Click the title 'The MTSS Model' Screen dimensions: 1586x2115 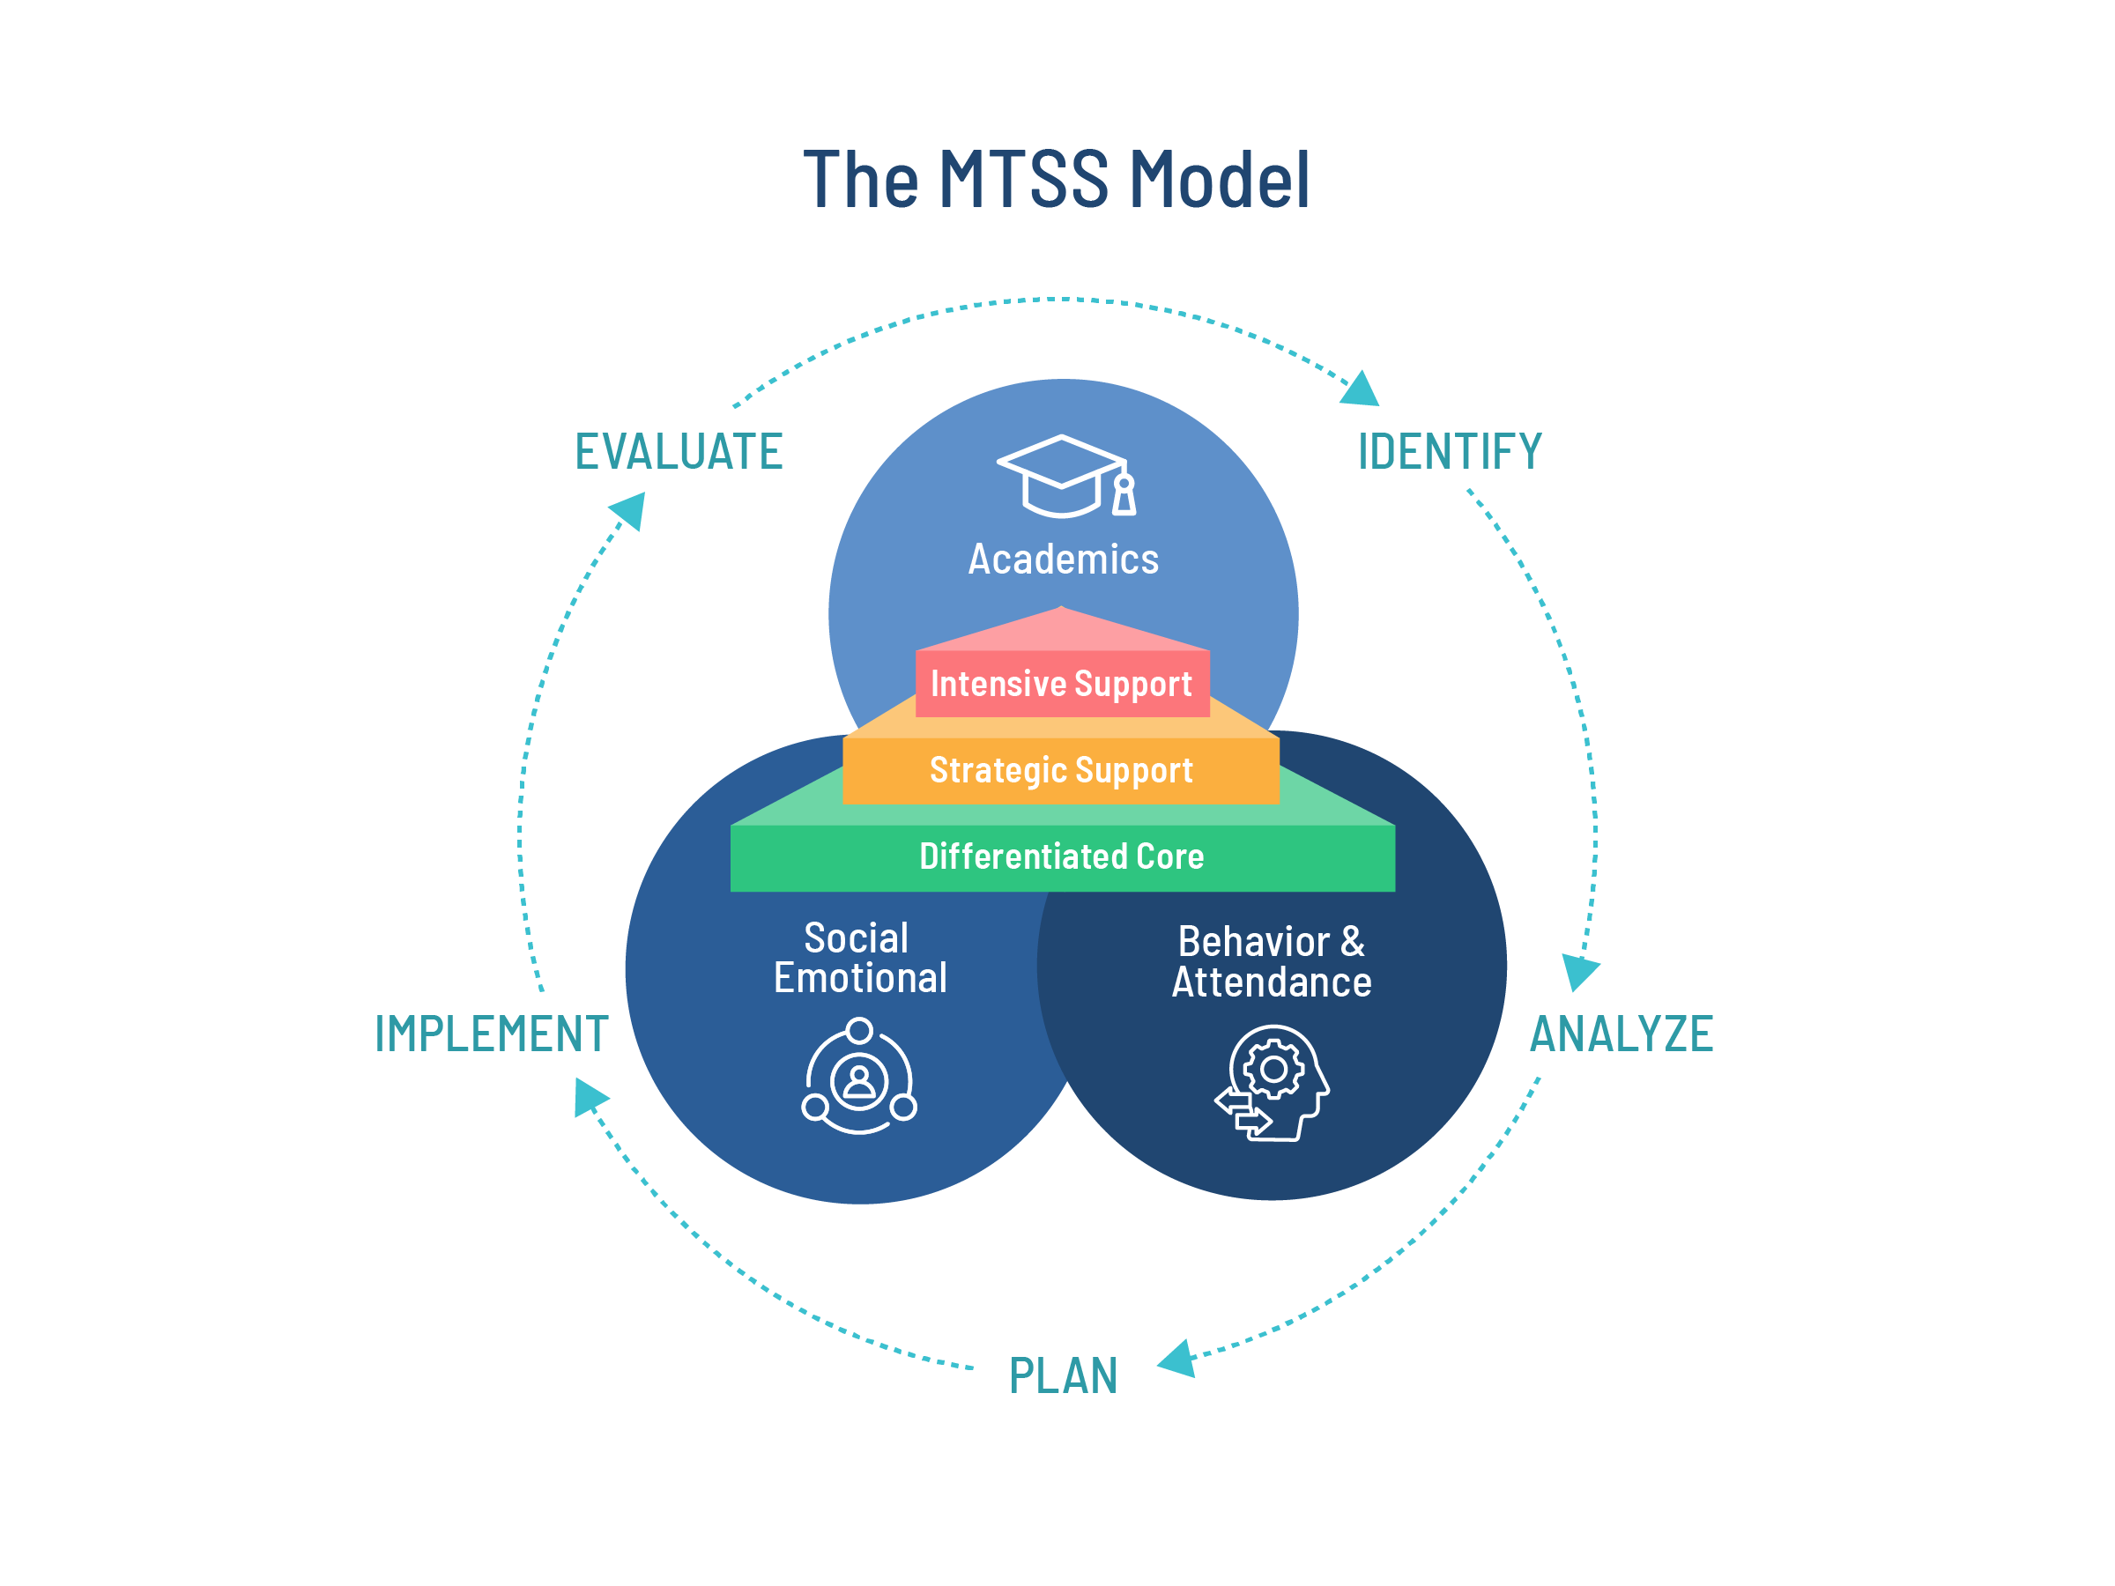pos(1056,180)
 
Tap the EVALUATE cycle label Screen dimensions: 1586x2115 pos(678,452)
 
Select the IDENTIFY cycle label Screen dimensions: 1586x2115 pos(1450,452)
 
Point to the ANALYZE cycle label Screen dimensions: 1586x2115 pos(1621,1034)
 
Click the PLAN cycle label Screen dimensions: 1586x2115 pos(1064,1376)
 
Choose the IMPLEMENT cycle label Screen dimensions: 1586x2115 pos(492,1034)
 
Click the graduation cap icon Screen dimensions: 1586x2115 pos(1067,476)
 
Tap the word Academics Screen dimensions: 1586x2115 pos(1064,560)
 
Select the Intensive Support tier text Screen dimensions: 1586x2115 pos(1061,684)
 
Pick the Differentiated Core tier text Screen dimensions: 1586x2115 pos(1061,856)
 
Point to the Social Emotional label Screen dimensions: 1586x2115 pos(859,958)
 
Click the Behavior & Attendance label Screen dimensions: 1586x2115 pos(1272,962)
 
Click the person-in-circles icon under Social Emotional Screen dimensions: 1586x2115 pos(859,1078)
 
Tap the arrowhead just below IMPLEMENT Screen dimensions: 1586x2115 pos(588,1098)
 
